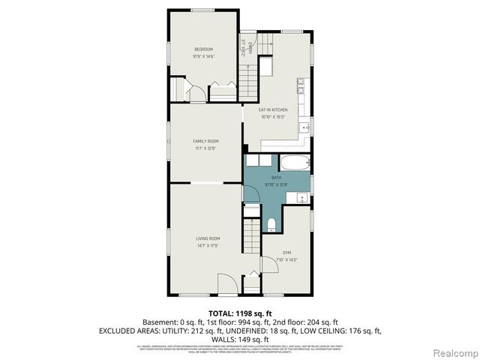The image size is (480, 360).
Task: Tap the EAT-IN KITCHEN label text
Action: tap(273, 109)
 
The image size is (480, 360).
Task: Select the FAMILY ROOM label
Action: tap(205, 141)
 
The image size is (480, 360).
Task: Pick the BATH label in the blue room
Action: tap(277, 178)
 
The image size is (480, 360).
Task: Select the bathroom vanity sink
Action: tap(301, 198)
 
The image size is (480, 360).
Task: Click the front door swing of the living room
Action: tap(226, 283)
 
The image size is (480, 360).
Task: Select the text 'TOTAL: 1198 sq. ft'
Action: tap(239, 313)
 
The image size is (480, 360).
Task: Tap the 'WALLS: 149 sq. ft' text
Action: tap(239, 338)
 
